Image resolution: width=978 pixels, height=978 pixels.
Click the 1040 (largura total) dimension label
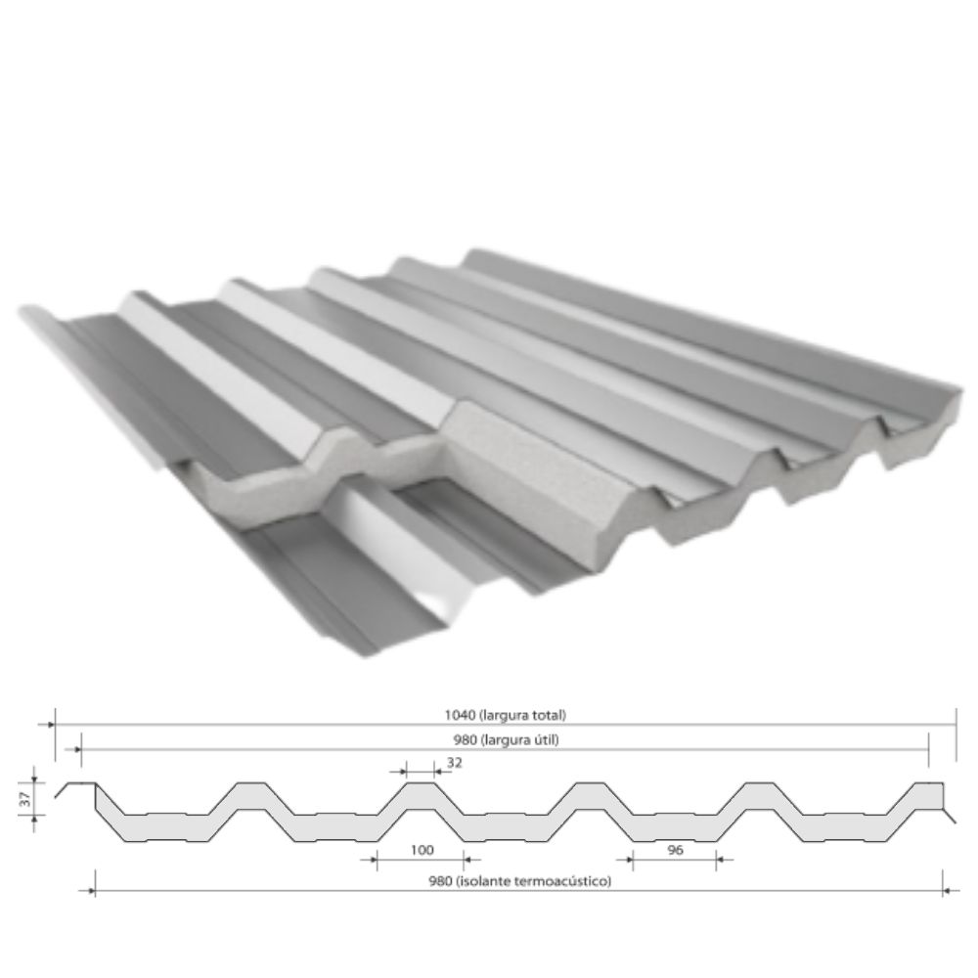pos(506,715)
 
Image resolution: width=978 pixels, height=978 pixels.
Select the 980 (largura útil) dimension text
pos(506,739)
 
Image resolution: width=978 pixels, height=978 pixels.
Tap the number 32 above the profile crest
pos(455,762)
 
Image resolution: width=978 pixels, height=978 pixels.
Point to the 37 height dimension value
pos(25,799)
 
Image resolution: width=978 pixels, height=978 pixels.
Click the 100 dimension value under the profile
pos(422,850)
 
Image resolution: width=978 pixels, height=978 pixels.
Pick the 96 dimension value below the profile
pos(675,850)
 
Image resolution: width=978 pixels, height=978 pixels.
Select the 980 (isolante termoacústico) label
pos(519,881)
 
